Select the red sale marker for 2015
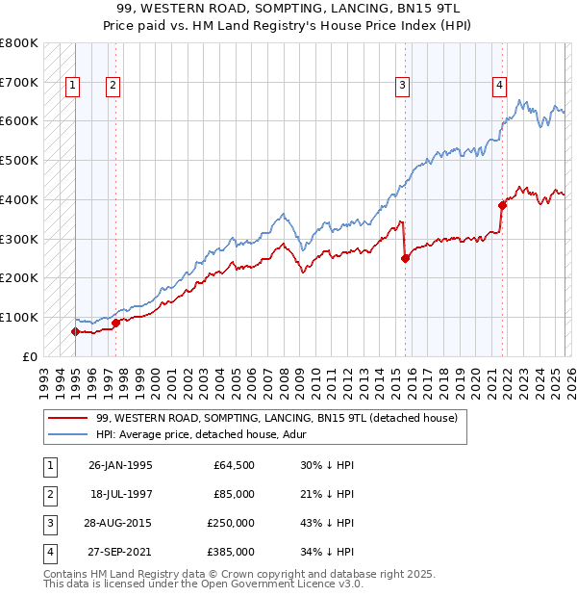tap(405, 258)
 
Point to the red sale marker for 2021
tap(502, 204)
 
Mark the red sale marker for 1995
tap(75, 331)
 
